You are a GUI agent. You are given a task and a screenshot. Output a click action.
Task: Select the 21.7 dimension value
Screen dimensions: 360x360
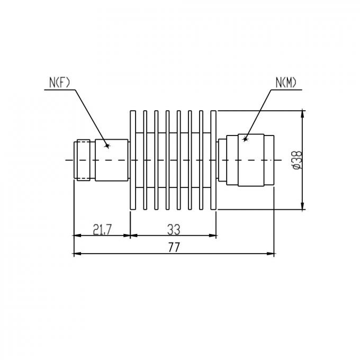[102, 229]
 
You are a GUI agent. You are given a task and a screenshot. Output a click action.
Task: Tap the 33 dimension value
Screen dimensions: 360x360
[173, 229]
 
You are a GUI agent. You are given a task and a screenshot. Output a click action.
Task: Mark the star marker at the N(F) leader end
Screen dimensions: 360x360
[106, 145]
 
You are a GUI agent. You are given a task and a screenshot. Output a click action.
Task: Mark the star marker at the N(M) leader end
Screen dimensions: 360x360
[245, 139]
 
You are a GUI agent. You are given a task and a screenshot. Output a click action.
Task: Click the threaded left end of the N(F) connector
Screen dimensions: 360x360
[82, 160]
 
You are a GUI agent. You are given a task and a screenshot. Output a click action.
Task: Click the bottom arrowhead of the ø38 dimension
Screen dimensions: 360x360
[302, 206]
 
